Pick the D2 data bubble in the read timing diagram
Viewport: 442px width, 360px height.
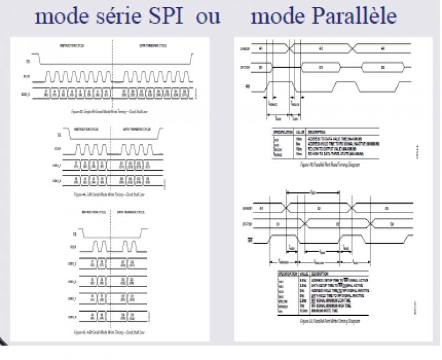[321, 67]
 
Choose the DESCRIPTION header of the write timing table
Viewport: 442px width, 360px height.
[323, 273]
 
